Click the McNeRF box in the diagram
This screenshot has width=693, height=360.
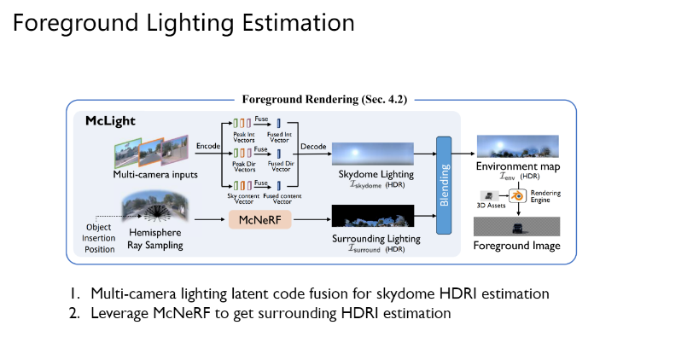point(255,220)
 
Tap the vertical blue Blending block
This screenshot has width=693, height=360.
point(444,183)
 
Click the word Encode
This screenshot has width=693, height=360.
point(208,146)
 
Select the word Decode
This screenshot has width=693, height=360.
point(312,146)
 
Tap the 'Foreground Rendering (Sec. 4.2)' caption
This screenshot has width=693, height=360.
point(323,99)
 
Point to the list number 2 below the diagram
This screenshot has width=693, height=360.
point(74,313)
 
